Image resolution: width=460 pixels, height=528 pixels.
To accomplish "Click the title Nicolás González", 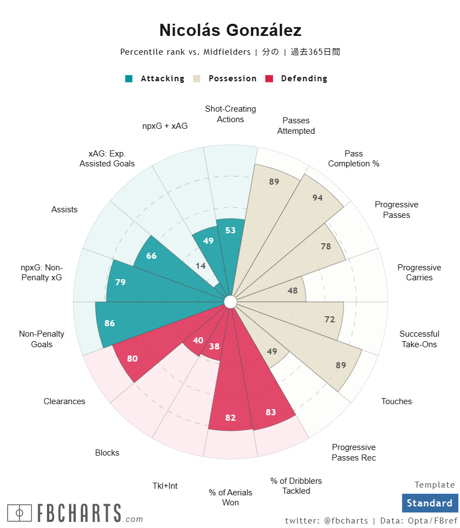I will pyautogui.click(x=230, y=30).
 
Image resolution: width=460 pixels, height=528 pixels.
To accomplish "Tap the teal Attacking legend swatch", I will pyautogui.click(x=129, y=79).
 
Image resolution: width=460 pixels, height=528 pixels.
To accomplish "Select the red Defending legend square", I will pyautogui.click(x=269, y=79).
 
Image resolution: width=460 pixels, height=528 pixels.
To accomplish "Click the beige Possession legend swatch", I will pyautogui.click(x=196, y=79).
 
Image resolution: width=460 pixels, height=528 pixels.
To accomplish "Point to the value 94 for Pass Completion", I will pyautogui.click(x=317, y=198).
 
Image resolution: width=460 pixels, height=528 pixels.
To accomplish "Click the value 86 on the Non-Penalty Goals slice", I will pyautogui.click(x=109, y=323).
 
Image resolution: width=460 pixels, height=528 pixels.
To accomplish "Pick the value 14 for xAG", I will pyautogui.click(x=201, y=266).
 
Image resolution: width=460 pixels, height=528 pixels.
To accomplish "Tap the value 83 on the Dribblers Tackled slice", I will pyautogui.click(x=271, y=412).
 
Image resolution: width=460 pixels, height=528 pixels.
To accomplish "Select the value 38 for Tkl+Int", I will pyautogui.click(x=215, y=347).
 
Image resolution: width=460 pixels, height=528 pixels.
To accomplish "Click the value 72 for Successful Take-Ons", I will pyautogui.click(x=330, y=319).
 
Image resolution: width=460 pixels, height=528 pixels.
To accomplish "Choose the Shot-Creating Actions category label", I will pyautogui.click(x=231, y=114).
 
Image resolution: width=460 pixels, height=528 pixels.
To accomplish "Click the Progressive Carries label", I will pyautogui.click(x=419, y=273).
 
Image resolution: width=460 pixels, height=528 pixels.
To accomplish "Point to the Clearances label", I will pyautogui.click(x=65, y=401).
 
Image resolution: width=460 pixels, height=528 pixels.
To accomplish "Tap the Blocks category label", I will pyautogui.click(x=107, y=453).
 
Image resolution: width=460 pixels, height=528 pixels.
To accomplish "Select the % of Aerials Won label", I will pyautogui.click(x=231, y=498).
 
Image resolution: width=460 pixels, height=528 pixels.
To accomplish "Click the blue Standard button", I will pyautogui.click(x=430, y=503).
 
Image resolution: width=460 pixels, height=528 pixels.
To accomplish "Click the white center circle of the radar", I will pyautogui.click(x=231, y=302).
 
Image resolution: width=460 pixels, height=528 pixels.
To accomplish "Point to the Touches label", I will pyautogui.click(x=396, y=401).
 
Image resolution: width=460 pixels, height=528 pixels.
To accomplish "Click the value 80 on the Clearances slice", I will pyautogui.click(x=132, y=358).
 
